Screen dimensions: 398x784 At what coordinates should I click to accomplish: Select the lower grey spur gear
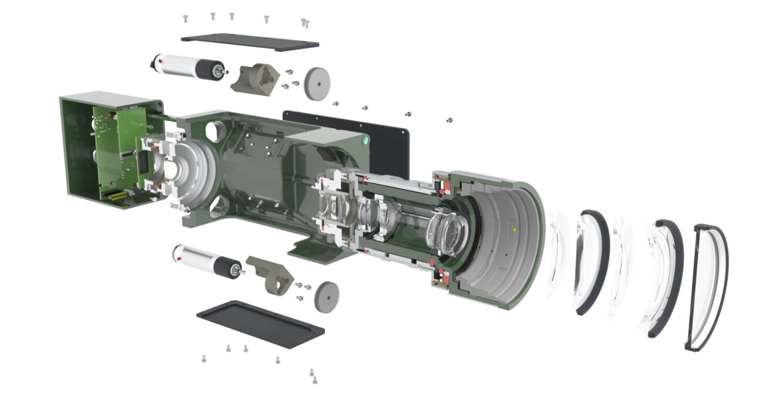coord(327,296)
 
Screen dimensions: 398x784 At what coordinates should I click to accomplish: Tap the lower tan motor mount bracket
coord(272,274)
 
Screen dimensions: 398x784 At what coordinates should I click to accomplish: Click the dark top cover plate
coord(250,42)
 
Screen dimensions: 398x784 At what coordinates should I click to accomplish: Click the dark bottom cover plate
coord(260,323)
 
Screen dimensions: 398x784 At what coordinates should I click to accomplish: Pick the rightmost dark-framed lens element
coord(706,287)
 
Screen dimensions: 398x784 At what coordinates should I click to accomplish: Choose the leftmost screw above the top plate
coord(185,19)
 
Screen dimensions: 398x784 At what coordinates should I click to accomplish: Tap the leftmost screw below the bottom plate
coord(203,359)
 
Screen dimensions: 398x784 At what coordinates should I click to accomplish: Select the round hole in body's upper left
coord(214,130)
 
